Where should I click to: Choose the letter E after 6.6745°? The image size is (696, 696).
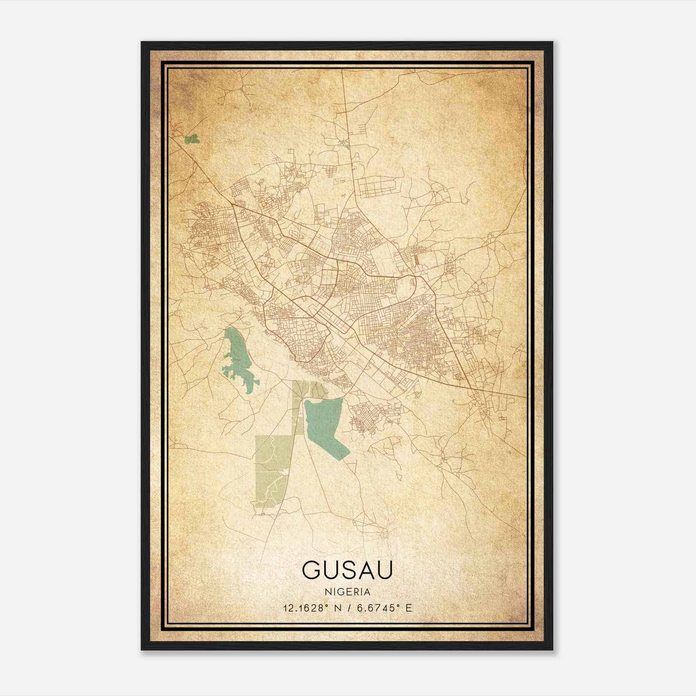click(408, 608)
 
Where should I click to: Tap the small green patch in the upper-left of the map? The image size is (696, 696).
click(191, 139)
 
